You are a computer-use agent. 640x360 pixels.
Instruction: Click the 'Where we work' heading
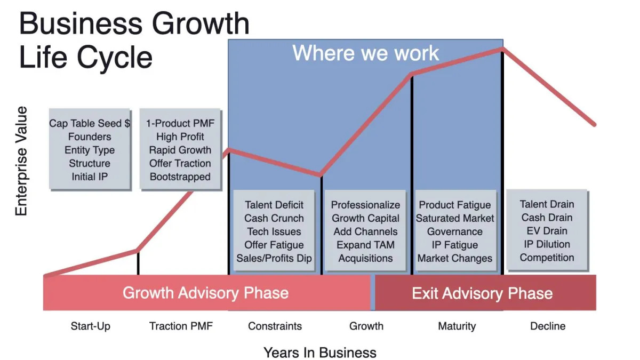[365, 53]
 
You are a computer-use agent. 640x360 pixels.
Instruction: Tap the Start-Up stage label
[90, 326]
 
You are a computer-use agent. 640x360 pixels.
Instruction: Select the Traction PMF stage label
[181, 326]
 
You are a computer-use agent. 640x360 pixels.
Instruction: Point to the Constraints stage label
[275, 326]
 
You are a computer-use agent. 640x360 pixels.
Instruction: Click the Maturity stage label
[457, 326]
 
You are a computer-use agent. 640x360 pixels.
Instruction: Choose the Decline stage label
[548, 326]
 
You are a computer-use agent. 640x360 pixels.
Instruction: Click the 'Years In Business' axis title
[319, 353]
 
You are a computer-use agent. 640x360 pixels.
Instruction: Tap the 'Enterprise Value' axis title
[21, 161]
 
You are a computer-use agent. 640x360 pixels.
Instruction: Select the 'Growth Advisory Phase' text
[205, 293]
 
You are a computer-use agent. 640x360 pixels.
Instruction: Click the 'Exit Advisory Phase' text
[482, 293]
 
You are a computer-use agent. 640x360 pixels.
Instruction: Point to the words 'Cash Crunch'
[274, 218]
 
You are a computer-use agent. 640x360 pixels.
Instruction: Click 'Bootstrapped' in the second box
[180, 177]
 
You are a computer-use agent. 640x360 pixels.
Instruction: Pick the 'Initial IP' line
[90, 177]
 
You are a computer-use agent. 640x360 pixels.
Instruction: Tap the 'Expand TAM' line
[365, 245]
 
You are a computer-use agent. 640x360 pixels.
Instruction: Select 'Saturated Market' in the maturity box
[455, 218]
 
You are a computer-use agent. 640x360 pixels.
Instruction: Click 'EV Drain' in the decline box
[547, 231]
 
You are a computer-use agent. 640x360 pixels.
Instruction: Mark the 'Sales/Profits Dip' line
[274, 258]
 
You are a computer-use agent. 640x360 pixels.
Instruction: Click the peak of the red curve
[502, 49]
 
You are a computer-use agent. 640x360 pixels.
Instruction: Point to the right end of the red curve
[594, 125]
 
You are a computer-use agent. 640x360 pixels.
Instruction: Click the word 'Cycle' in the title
[115, 58]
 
